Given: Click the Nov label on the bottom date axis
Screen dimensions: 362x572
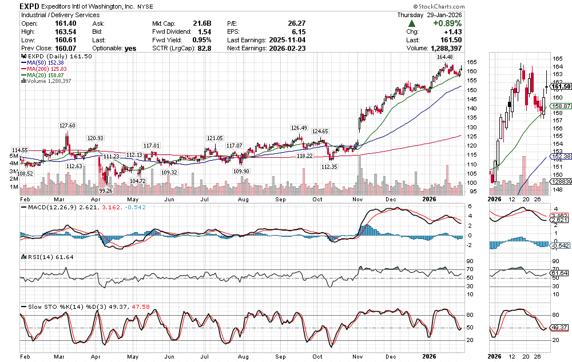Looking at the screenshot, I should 359,356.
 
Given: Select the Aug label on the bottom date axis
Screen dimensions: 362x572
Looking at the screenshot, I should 243,356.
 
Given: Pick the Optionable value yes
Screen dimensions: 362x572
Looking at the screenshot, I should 130,49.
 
